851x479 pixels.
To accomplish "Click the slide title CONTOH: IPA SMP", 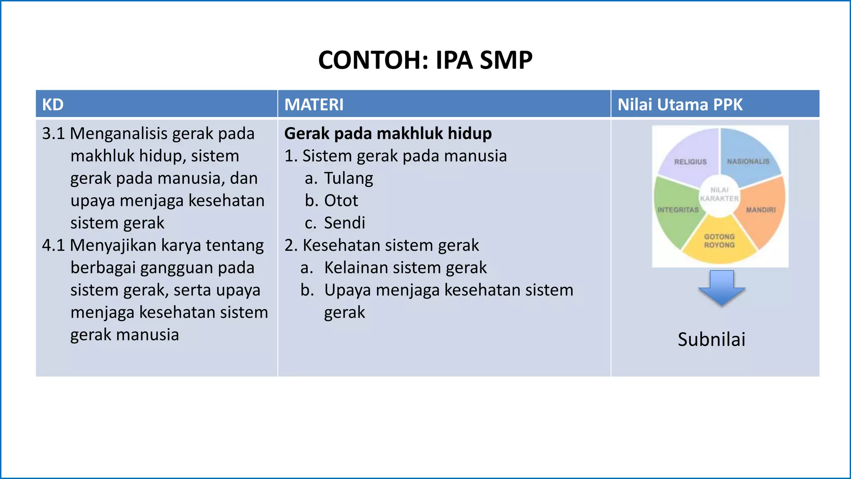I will click(x=425, y=60).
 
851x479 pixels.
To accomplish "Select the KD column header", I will click(x=53, y=104).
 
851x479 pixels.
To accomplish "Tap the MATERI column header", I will click(x=314, y=104).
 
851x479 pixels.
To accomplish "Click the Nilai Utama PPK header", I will click(x=680, y=104).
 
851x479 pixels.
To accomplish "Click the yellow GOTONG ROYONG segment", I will click(x=719, y=243).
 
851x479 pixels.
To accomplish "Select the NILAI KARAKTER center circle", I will click(x=719, y=195).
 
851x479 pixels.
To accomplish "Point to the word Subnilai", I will click(x=711, y=339).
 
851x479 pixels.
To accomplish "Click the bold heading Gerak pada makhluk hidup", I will click(x=388, y=133).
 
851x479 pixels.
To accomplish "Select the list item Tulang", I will click(x=348, y=178).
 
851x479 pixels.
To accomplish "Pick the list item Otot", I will click(x=341, y=200).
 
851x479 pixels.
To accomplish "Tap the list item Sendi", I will click(x=344, y=223).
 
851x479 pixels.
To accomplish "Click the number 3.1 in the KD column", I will click(x=53, y=133).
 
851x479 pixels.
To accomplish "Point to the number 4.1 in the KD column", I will click(x=53, y=245).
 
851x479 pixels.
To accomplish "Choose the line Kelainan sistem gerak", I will click(x=405, y=267).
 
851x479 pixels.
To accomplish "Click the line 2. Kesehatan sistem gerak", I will click(x=381, y=245).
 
